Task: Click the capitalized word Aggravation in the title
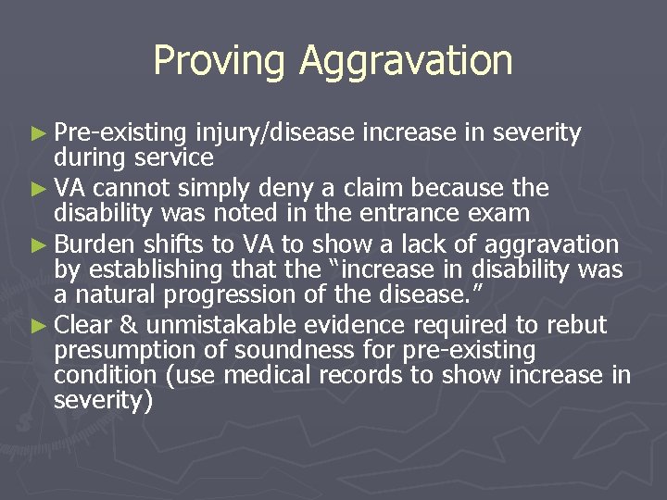(406, 61)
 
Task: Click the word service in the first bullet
(173, 157)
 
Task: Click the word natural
(109, 294)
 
